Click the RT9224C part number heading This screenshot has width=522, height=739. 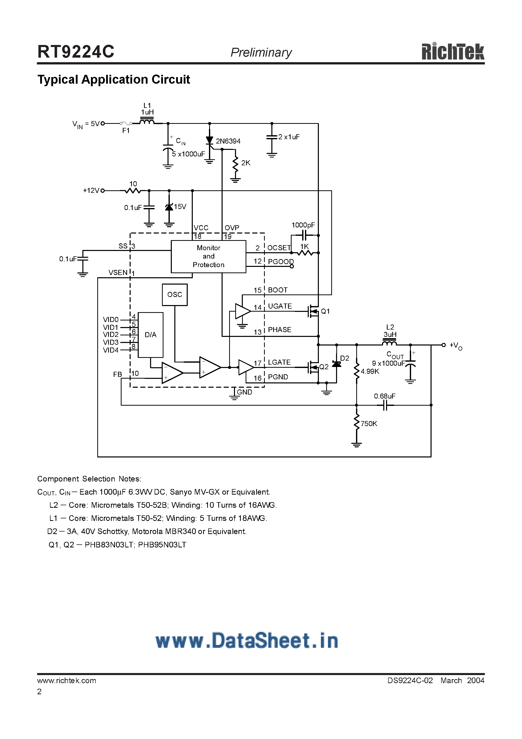76,52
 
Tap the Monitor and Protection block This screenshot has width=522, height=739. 208,257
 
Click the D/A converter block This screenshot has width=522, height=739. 150,335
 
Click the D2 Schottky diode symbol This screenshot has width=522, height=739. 336,364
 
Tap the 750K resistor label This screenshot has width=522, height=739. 369,424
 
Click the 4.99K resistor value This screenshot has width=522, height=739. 370,372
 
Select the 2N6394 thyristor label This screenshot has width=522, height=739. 228,141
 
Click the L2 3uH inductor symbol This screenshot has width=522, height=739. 389,344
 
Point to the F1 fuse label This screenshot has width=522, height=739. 126,131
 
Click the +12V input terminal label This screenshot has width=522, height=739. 91,191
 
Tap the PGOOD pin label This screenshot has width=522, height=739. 281,262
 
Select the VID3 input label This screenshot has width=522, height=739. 111,342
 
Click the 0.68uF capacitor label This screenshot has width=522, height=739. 385,396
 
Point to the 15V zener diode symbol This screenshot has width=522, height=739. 169,207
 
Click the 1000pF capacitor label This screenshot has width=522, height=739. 303,225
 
